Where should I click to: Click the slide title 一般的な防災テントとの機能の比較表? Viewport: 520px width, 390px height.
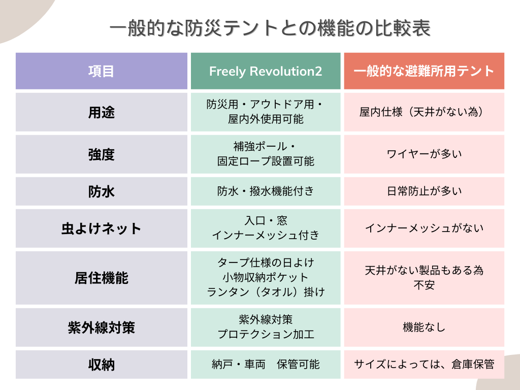tap(270, 29)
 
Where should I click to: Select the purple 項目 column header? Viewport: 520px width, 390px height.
tap(101, 71)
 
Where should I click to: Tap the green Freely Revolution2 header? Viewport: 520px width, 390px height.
tap(266, 71)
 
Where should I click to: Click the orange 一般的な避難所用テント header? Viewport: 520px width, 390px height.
tap(424, 71)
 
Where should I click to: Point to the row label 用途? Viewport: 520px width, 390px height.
tap(101, 112)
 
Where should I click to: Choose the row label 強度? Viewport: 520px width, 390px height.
tap(101, 154)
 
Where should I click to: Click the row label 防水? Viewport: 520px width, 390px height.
tap(101, 191)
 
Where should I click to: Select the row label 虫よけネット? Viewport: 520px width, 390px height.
tap(101, 229)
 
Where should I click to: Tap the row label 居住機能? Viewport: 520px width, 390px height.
tap(101, 278)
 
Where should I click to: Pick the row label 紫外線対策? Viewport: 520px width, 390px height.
tap(101, 328)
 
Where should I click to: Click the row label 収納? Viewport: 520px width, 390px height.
tap(101, 364)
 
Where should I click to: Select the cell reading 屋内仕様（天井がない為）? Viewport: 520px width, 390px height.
tap(424, 112)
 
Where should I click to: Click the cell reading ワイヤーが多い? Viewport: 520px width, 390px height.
tap(424, 154)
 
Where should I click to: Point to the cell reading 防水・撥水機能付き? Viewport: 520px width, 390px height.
tap(266, 191)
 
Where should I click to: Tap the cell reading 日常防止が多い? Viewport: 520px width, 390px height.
tap(424, 191)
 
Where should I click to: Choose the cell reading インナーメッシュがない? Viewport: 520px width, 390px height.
tap(424, 229)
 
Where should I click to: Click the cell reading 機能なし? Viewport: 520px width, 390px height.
tap(424, 328)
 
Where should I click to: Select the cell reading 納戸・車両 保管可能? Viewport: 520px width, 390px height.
tap(266, 364)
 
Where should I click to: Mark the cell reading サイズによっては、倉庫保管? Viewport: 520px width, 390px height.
tap(424, 364)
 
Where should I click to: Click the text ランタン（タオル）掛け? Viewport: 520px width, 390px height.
tap(266, 292)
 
